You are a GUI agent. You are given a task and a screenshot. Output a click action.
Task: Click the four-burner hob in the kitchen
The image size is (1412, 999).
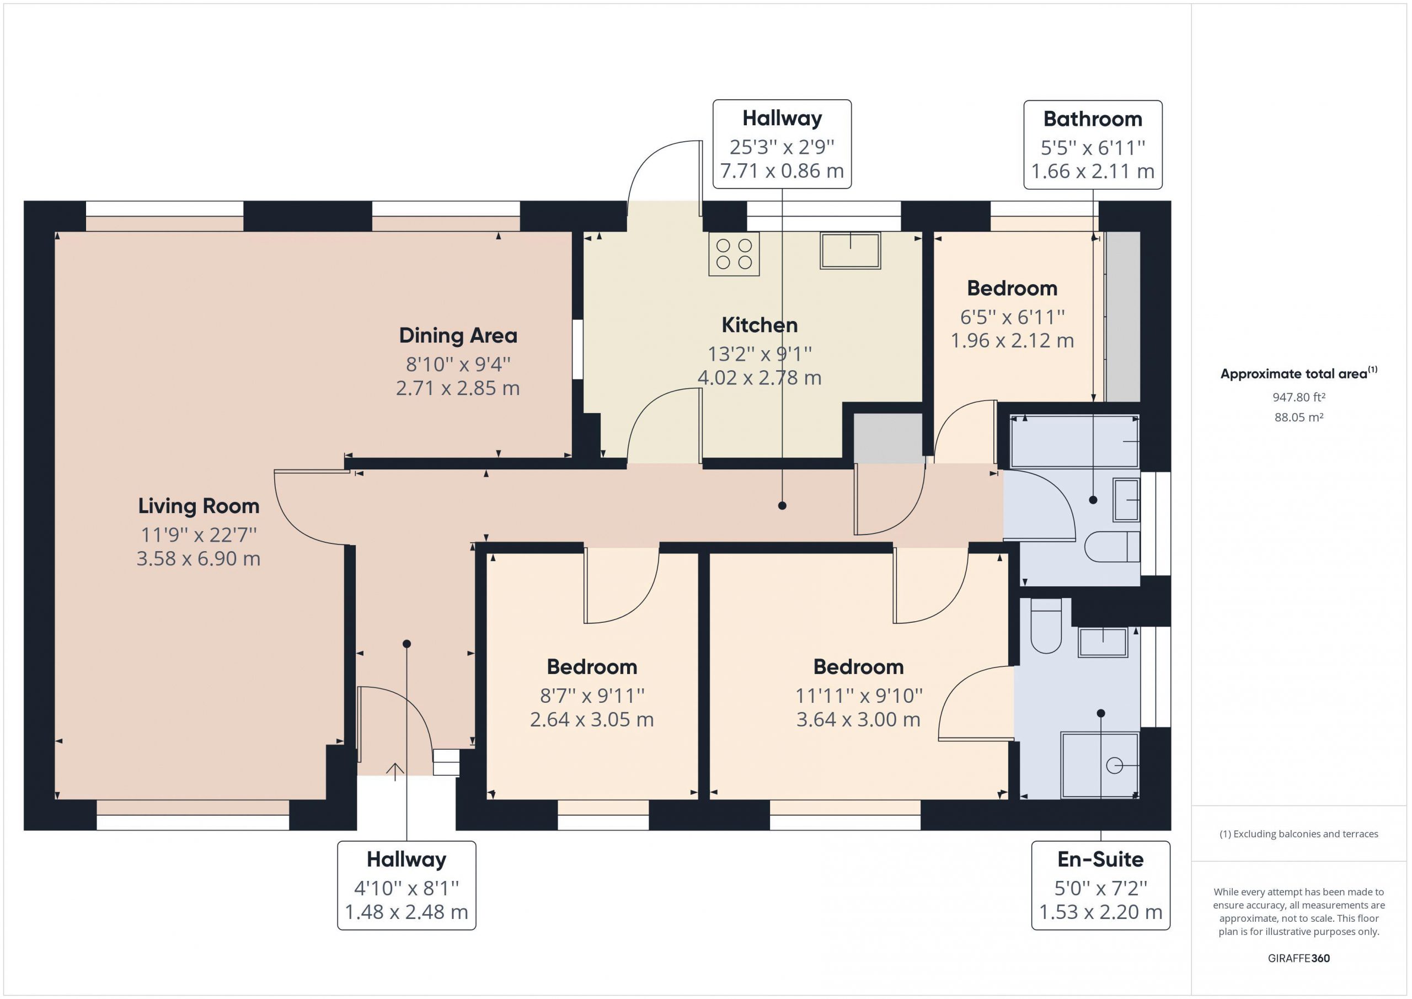(734, 254)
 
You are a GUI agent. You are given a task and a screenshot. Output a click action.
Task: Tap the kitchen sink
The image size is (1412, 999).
(850, 250)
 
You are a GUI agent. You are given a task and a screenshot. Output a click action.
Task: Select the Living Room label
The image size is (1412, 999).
(199, 506)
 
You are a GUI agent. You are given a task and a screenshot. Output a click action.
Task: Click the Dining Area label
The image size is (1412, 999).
(458, 335)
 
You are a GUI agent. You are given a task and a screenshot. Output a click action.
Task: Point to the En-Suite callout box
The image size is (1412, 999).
(1101, 885)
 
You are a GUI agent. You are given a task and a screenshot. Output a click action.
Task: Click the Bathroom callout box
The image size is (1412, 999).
(1093, 145)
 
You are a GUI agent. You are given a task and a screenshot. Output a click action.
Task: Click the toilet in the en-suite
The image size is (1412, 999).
(1046, 624)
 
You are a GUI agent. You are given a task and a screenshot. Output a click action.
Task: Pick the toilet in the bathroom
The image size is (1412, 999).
(1112, 546)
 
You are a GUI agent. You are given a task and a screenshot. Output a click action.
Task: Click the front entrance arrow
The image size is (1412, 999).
(395, 771)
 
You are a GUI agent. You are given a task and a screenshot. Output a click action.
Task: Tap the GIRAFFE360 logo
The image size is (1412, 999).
(1299, 958)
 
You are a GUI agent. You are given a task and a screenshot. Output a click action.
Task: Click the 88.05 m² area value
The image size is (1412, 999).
(1299, 417)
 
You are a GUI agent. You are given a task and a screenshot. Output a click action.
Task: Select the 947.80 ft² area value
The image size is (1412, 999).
(1299, 397)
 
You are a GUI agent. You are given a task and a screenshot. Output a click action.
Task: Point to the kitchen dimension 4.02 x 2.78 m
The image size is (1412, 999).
(760, 377)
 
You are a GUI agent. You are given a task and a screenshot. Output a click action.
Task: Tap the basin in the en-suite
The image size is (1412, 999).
(1103, 642)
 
